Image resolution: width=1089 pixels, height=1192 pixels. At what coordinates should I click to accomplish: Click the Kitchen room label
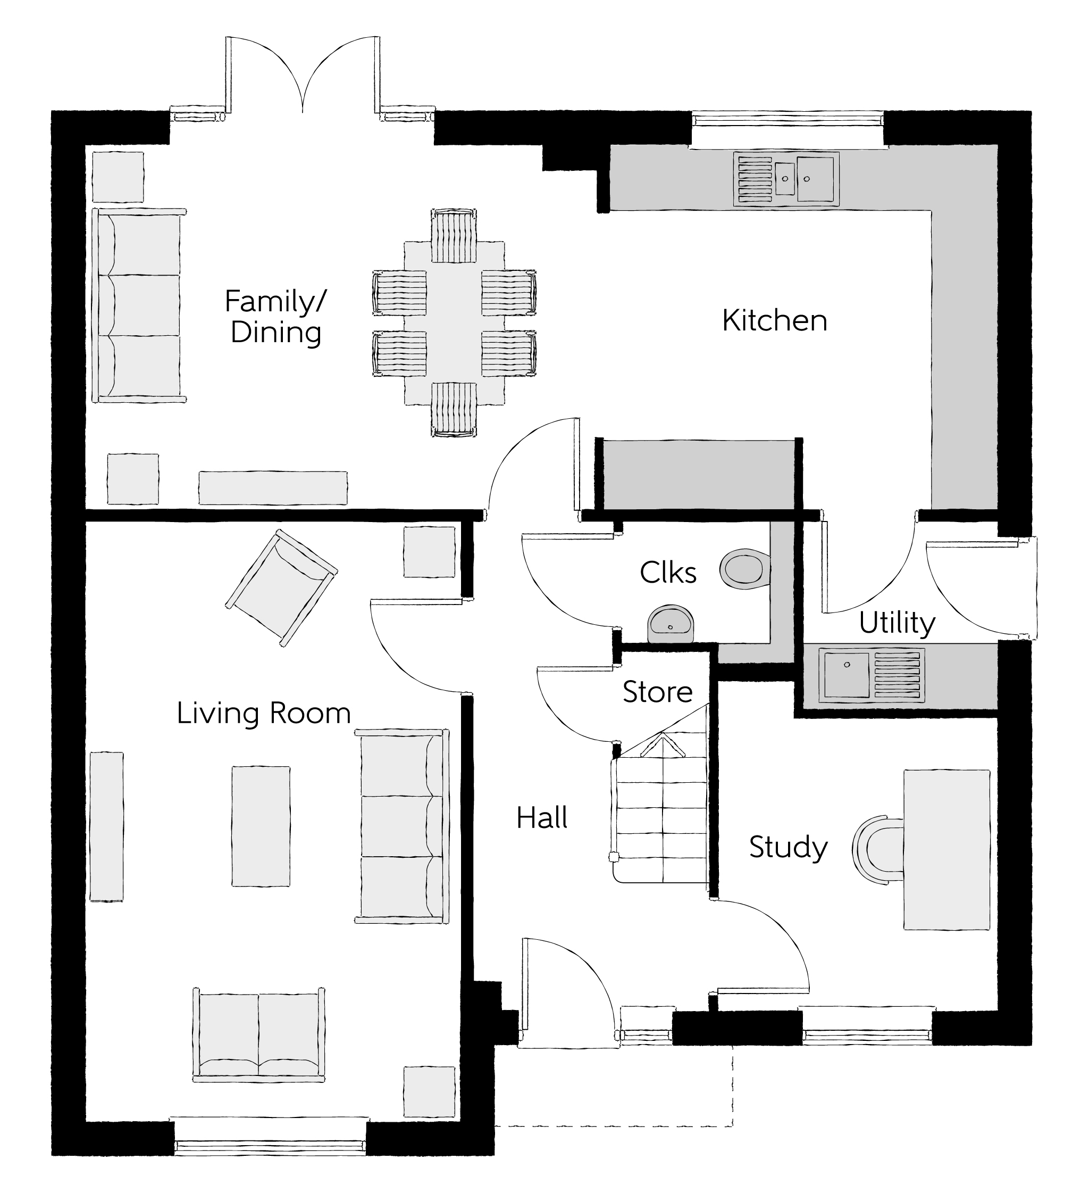pyautogui.click(x=774, y=320)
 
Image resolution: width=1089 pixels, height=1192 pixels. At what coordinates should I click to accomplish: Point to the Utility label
pyautogui.click(x=897, y=623)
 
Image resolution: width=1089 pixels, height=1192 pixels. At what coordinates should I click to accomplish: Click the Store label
pyautogui.click(x=657, y=692)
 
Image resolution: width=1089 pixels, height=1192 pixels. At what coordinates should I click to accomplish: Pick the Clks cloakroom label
pyautogui.click(x=668, y=573)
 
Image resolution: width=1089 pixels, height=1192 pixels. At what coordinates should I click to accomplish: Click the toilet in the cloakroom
pyautogui.click(x=744, y=569)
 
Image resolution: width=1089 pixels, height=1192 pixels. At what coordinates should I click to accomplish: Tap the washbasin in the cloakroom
pyautogui.click(x=670, y=623)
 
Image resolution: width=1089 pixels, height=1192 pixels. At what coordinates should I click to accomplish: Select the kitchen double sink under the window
pyautogui.click(x=786, y=179)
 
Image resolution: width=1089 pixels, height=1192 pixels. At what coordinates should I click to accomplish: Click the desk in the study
pyautogui.click(x=946, y=850)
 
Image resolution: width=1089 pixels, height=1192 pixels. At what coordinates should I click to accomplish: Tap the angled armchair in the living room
pyautogui.click(x=282, y=587)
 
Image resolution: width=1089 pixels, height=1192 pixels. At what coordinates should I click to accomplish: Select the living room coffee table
pyautogui.click(x=261, y=826)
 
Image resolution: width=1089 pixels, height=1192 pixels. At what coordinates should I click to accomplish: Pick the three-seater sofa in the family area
pyautogui.click(x=140, y=305)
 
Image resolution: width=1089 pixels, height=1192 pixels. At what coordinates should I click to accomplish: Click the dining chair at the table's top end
pyautogui.click(x=454, y=235)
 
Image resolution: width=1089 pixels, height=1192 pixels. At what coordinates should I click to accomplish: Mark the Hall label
pyautogui.click(x=541, y=818)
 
